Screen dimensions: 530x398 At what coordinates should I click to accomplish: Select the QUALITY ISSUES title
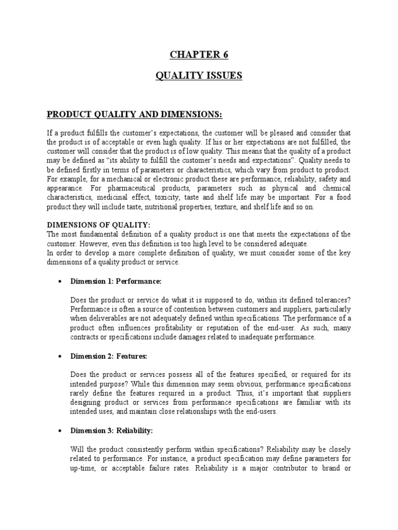click(x=198, y=76)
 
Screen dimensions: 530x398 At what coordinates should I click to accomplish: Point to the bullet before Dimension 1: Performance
click(x=61, y=282)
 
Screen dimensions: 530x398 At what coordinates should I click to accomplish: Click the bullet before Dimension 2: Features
click(x=61, y=357)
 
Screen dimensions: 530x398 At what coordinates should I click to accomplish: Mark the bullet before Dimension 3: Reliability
click(x=61, y=431)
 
